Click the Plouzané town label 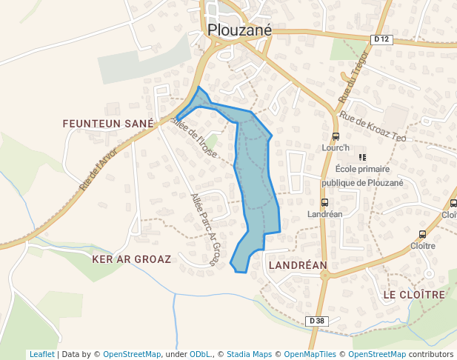point(240,30)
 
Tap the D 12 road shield point(381,39)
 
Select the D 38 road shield point(316,321)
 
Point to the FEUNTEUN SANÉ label point(108,123)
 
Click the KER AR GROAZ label point(131,259)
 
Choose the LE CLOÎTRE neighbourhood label point(414,294)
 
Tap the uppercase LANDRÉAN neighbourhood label point(298,264)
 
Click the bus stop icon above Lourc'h point(336,136)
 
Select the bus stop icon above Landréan point(324,202)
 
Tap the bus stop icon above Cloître point(422,234)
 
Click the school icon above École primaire point(362,157)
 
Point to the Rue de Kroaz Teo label point(373,127)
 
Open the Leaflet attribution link point(41,354)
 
